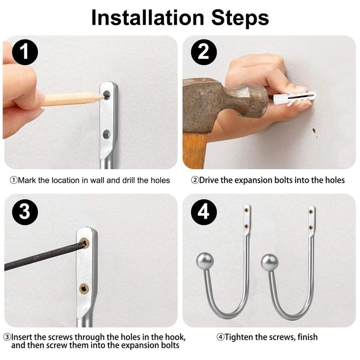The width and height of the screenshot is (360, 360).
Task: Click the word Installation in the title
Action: pyautogui.click(x=141, y=18)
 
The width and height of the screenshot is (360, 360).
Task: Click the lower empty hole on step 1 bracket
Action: pyautogui.click(x=107, y=134)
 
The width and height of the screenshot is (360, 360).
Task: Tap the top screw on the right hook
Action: pyautogui.click(x=311, y=210)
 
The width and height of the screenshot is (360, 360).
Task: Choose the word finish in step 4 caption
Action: pyautogui.click(x=306, y=337)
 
